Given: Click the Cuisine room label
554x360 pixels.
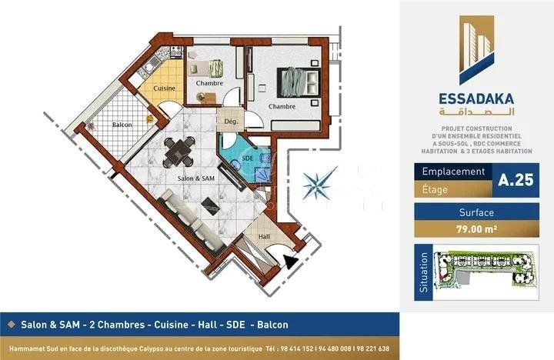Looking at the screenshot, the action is point(165,88).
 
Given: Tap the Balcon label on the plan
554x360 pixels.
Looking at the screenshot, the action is point(122,125).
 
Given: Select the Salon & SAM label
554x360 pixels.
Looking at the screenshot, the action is point(195,178).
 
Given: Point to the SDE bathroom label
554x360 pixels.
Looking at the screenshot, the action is point(248,158).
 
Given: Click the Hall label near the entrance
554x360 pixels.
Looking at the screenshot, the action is point(264,237).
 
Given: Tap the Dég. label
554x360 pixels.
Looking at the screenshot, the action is point(232,122).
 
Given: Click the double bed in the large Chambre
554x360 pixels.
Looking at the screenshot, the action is point(299,82).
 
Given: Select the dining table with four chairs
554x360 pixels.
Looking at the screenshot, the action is point(179,152).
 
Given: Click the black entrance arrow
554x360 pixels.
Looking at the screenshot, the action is point(291,262).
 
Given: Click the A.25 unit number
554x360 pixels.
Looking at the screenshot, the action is point(516,180).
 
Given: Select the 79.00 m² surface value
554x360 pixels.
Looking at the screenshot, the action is point(476,229).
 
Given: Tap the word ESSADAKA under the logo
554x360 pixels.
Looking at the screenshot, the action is point(476,98).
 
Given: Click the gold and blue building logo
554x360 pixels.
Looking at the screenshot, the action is point(476,50).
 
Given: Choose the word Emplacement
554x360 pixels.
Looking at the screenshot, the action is point(453,172).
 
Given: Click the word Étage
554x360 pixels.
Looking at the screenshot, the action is point(435,190).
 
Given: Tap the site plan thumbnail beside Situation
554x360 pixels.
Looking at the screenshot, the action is point(486,272).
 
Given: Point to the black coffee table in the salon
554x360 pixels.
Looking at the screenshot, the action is point(211,206).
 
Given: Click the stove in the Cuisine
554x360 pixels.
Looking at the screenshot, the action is point(176,52).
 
